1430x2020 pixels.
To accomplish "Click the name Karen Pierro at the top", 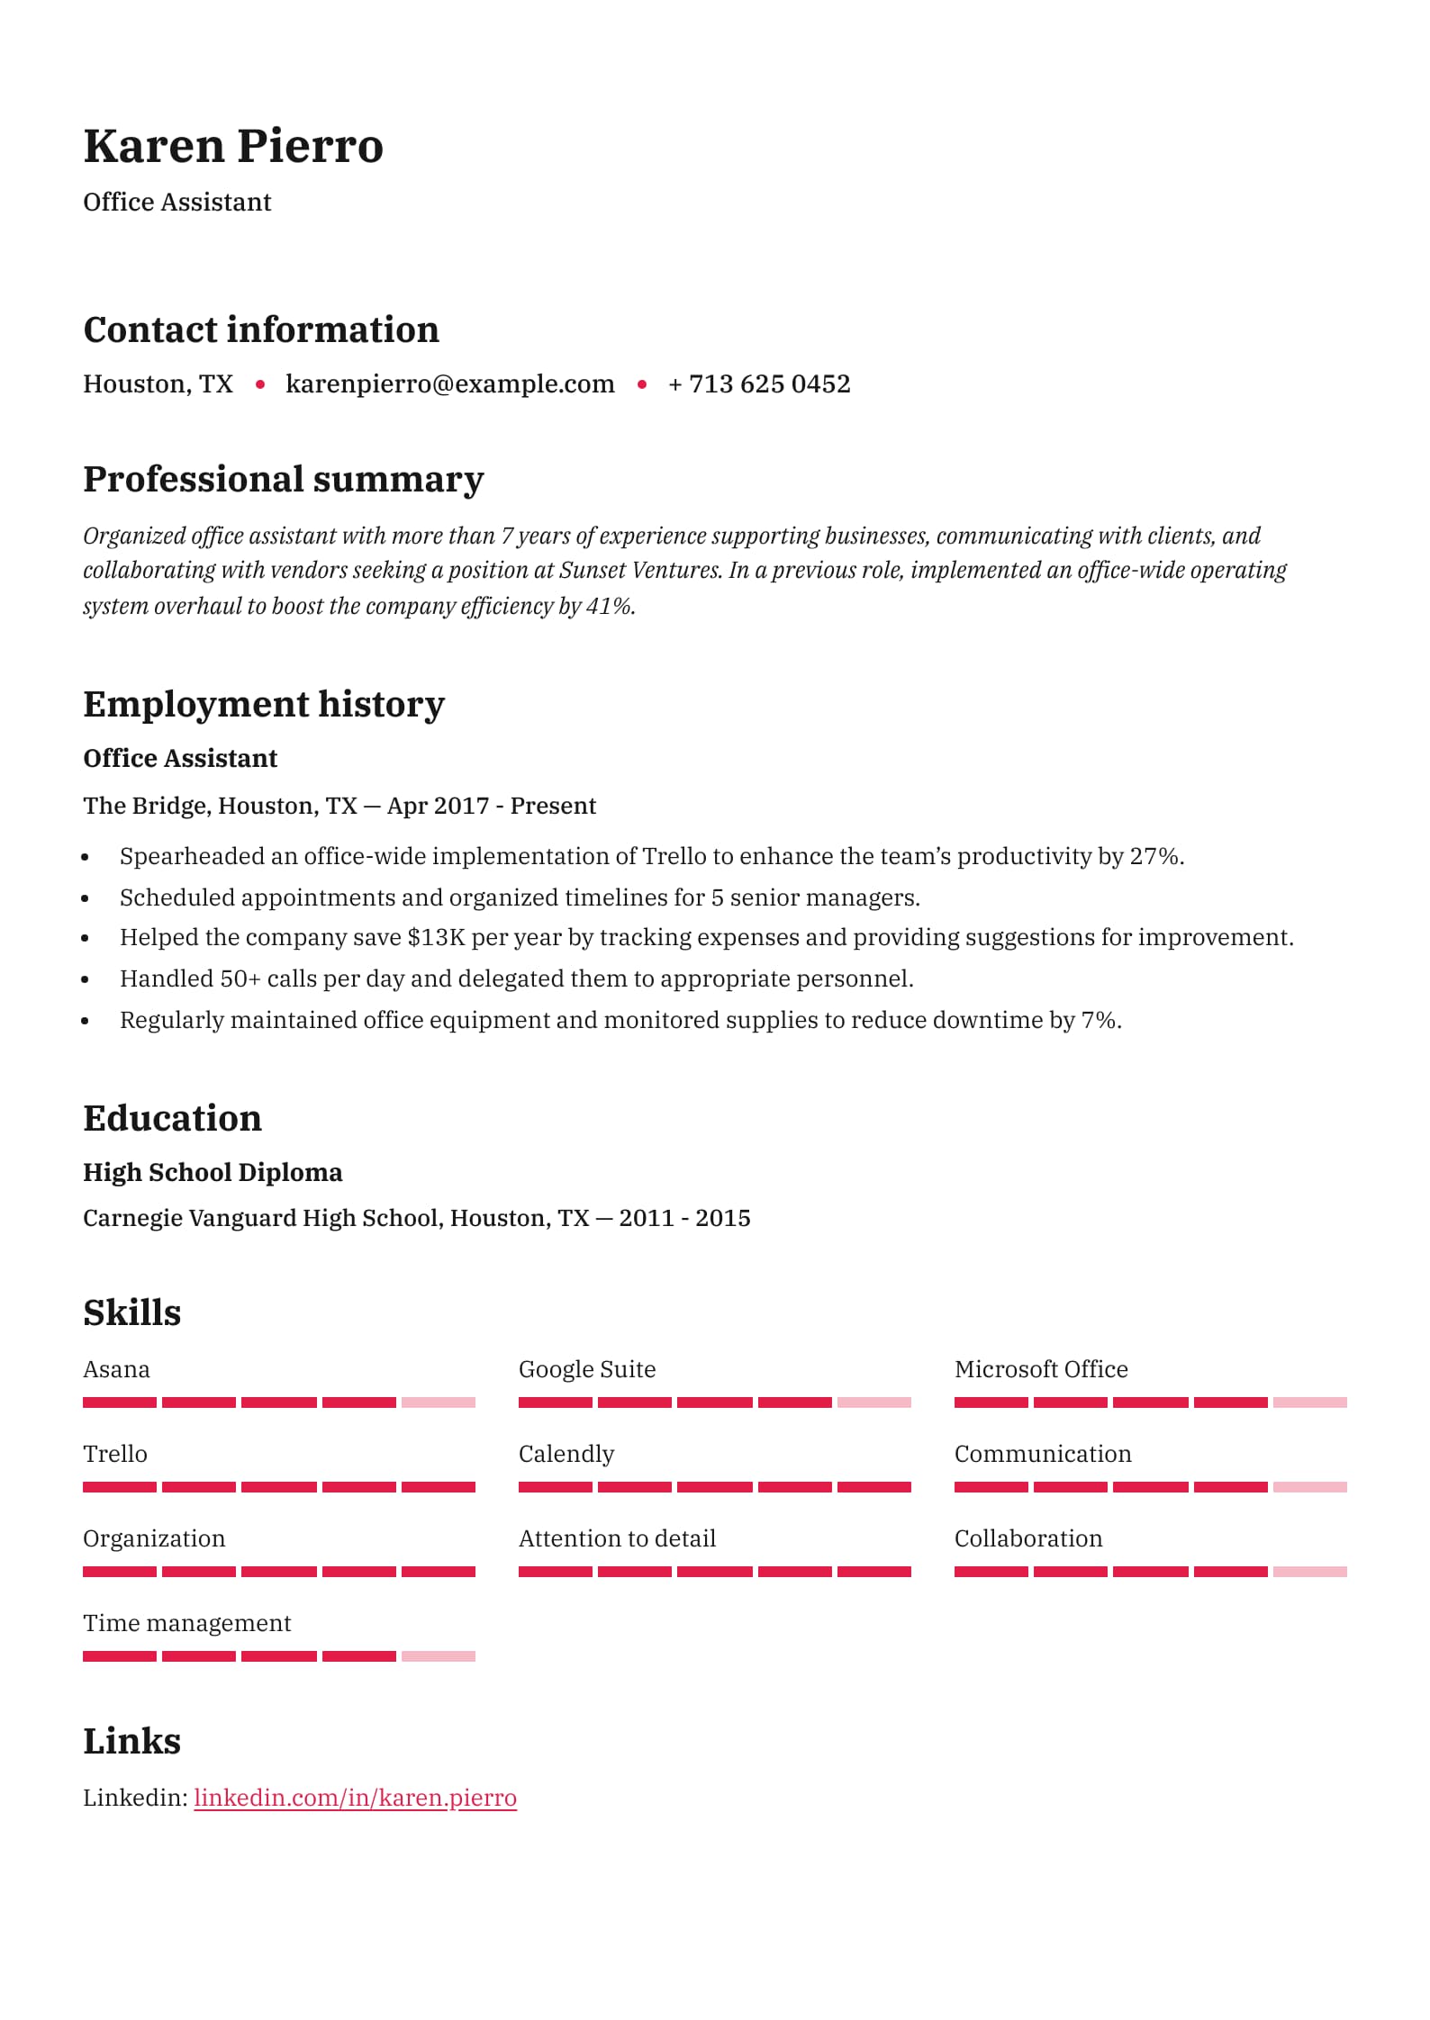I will pyautogui.click(x=233, y=146).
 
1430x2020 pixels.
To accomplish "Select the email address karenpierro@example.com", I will pyautogui.click(x=449, y=384).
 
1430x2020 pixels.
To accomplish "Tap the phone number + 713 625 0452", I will pyautogui.click(x=759, y=384).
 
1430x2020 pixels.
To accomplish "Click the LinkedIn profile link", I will pyautogui.click(x=355, y=1798).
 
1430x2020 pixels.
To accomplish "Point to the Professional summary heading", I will pyautogui.click(x=283, y=479).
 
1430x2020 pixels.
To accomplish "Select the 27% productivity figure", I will pyautogui.click(x=1155, y=856).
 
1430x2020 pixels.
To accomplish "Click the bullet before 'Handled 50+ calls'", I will pyautogui.click(x=86, y=981).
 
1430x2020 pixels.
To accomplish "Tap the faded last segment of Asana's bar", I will pyautogui.click(x=439, y=1402).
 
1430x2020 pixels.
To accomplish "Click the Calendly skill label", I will pyautogui.click(x=566, y=1454).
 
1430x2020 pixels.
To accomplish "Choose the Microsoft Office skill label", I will pyautogui.click(x=1041, y=1369).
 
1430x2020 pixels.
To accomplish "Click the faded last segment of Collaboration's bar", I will pyautogui.click(x=1310, y=1572).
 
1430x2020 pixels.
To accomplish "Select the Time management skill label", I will pyautogui.click(x=186, y=1623).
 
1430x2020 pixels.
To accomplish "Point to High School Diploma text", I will pyautogui.click(x=213, y=1172).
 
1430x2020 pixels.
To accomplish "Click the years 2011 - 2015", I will pyautogui.click(x=684, y=1218).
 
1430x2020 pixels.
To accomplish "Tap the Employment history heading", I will pyautogui.click(x=264, y=704).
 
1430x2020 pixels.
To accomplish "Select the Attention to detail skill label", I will pyautogui.click(x=617, y=1538).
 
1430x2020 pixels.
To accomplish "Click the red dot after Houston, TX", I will pyautogui.click(x=260, y=384).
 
